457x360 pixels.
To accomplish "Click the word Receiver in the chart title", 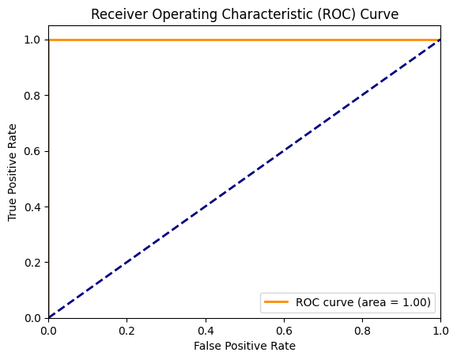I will point(117,13).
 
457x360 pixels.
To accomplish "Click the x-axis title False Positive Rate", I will point(245,346).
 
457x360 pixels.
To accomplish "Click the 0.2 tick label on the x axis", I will point(127,329).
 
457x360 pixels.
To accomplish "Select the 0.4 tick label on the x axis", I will point(206,329).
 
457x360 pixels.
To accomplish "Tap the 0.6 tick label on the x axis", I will point(284,329).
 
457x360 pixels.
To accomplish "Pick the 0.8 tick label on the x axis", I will point(362,329).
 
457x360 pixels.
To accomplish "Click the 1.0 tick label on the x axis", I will point(440,329).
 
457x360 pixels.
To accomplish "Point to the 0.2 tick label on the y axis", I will point(32,262).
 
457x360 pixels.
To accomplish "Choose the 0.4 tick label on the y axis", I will point(32,207).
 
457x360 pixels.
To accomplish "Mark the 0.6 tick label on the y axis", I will point(32,151).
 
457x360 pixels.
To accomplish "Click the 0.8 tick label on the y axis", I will point(32,95).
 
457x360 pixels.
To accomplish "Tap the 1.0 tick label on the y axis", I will point(32,40).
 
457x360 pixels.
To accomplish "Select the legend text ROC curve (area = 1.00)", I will point(363,301).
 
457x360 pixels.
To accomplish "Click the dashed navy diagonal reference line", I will point(245,179).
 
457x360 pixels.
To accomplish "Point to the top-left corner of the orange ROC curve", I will point(49,40).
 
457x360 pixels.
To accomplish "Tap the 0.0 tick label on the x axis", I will point(49,329).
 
